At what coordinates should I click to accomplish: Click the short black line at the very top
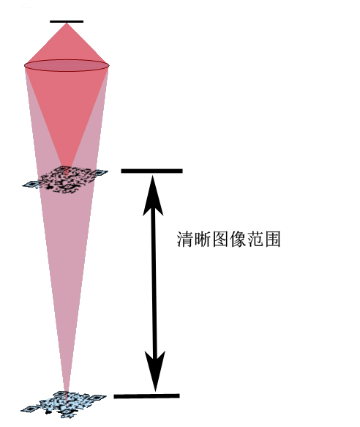click(67, 21)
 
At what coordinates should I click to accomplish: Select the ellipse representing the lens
click(67, 65)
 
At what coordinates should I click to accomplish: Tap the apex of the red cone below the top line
click(67, 23)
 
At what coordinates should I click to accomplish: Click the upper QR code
click(65, 179)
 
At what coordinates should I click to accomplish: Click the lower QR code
click(64, 404)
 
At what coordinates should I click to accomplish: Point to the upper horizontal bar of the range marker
click(151, 171)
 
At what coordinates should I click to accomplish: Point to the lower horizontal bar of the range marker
click(146, 396)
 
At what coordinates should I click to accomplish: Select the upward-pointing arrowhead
click(153, 196)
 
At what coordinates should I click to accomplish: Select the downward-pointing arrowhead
click(155, 371)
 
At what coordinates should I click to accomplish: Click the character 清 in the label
click(185, 240)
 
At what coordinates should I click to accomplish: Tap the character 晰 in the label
click(203, 240)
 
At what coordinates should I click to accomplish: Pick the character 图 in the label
click(220, 240)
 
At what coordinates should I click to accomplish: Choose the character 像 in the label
click(237, 240)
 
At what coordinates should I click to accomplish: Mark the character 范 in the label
click(255, 240)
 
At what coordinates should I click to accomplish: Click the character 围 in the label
click(272, 240)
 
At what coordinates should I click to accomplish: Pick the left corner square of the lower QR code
click(30, 409)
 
